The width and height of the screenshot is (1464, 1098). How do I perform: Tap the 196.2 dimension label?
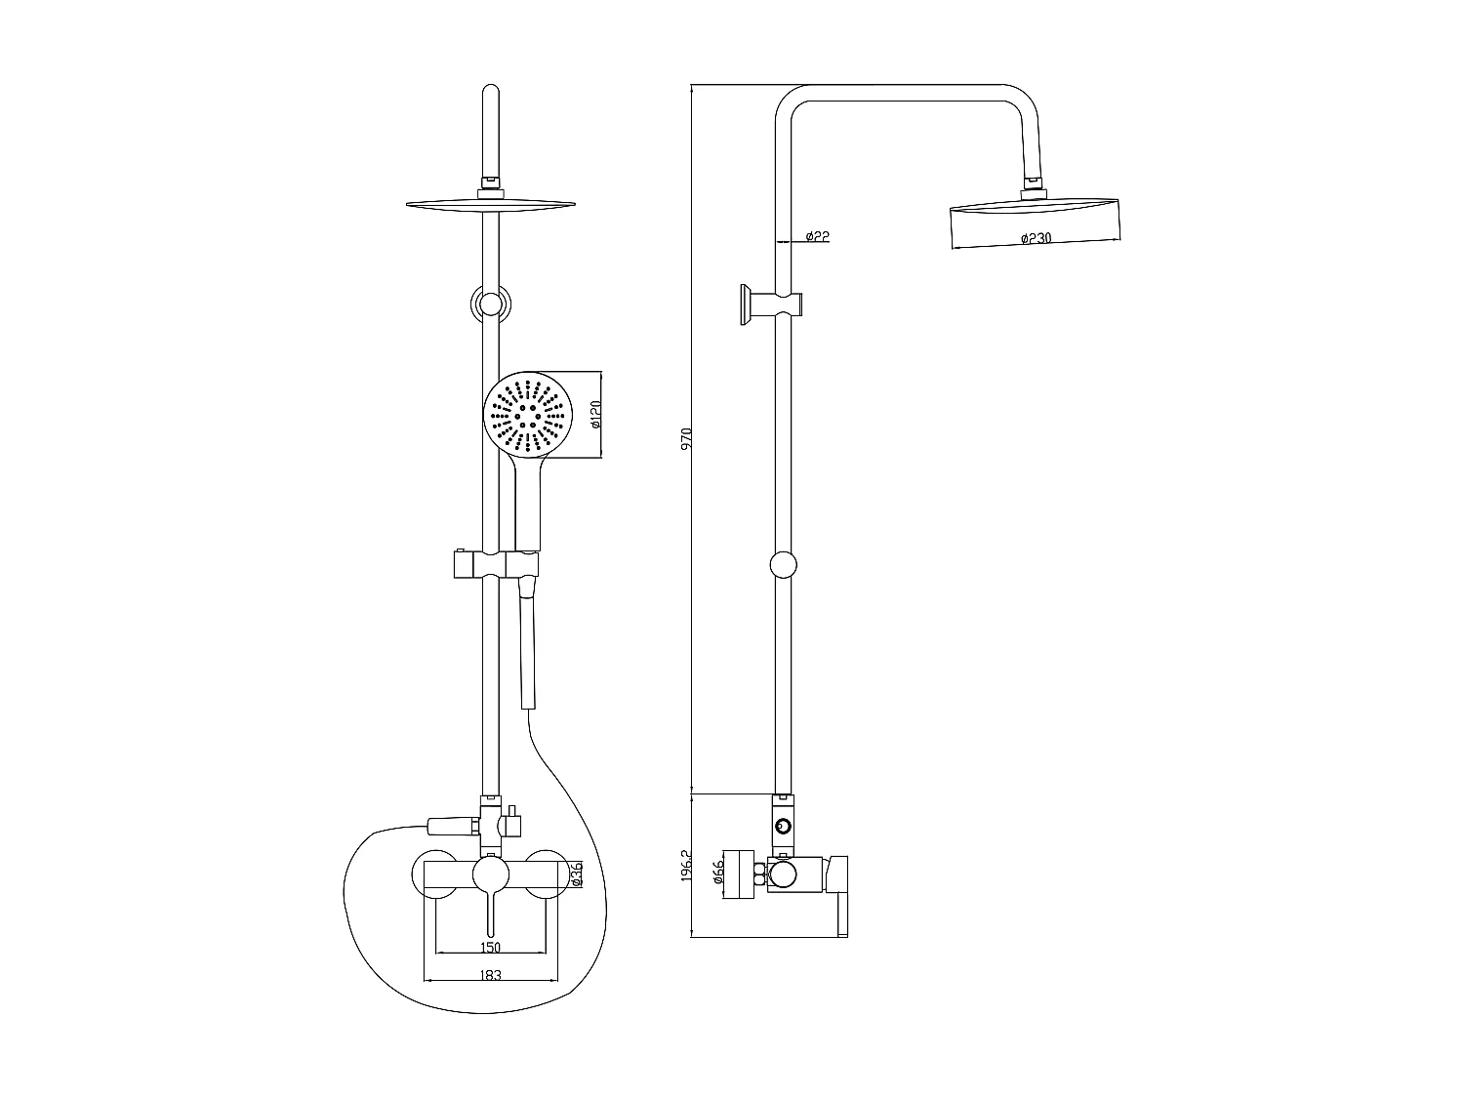coord(685,865)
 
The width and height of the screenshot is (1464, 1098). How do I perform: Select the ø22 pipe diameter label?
coord(818,236)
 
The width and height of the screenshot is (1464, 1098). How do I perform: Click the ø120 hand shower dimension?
coord(594,415)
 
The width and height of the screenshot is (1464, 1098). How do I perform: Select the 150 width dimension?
coord(490,947)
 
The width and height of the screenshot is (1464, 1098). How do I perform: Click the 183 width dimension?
coord(490,975)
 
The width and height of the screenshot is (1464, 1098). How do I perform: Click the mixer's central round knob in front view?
coord(490,874)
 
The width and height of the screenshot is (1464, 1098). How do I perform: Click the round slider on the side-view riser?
coord(784,565)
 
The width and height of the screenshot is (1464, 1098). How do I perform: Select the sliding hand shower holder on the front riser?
coord(491,564)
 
